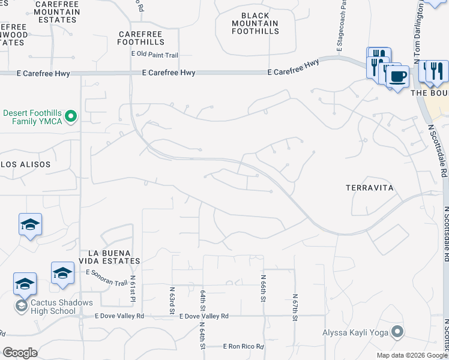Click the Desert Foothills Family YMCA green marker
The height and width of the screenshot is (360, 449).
click(x=71, y=116)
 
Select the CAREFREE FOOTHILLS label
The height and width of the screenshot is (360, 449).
click(x=141, y=38)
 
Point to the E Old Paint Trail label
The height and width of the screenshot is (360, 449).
click(x=155, y=55)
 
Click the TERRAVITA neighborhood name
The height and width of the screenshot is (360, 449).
click(x=370, y=188)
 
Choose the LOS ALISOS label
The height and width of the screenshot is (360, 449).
click(x=25, y=164)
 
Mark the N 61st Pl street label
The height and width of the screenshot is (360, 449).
click(x=133, y=295)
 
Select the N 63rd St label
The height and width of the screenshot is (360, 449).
click(x=172, y=301)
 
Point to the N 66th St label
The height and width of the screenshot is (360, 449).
click(x=263, y=289)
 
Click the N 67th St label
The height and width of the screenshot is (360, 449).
click(x=295, y=308)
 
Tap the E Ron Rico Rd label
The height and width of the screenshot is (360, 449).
click(x=243, y=347)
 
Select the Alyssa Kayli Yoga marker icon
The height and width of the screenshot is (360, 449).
click(x=397, y=331)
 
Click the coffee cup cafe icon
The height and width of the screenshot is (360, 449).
click(x=397, y=76)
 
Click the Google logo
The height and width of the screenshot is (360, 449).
click(x=20, y=353)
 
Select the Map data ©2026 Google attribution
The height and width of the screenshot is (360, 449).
click(x=412, y=355)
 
